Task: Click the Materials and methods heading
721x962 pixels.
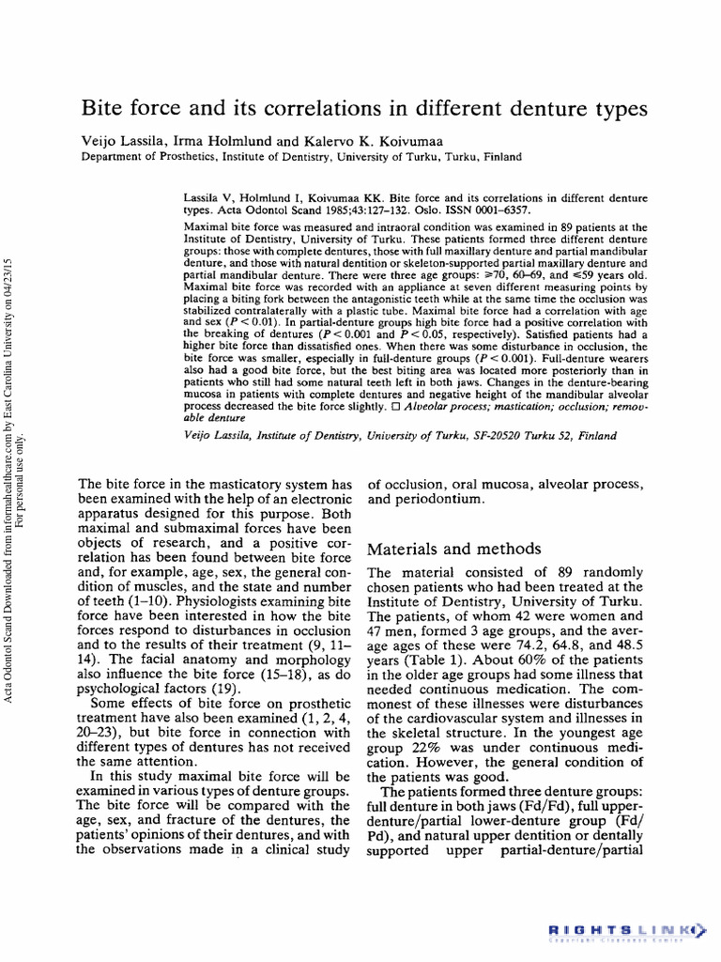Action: pos(454,548)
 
